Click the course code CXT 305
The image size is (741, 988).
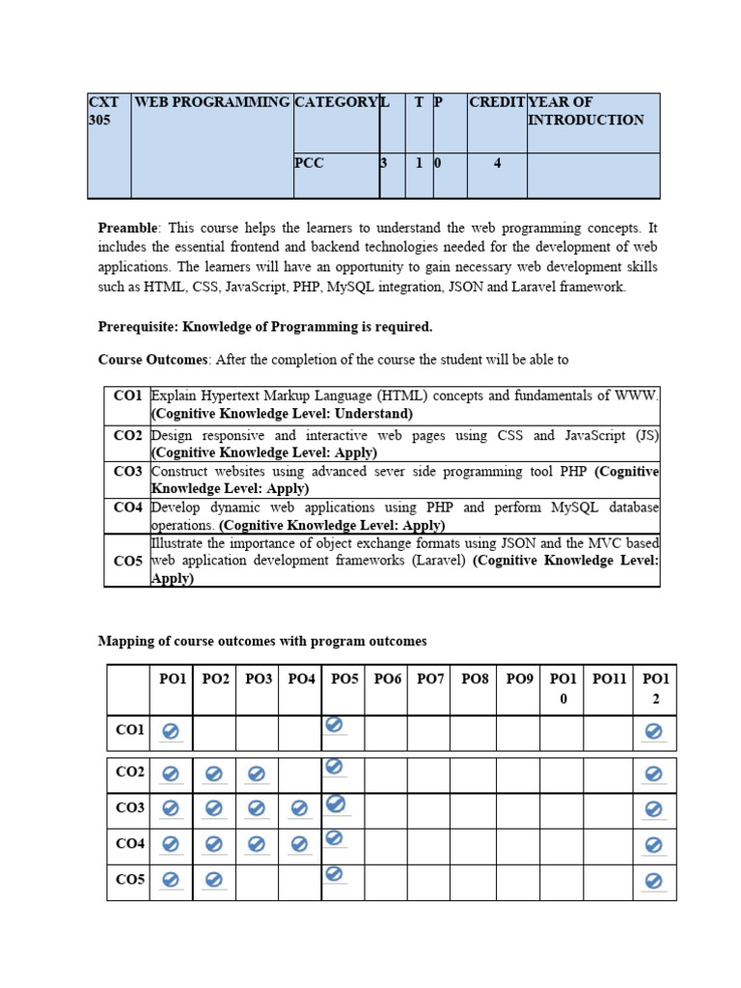tap(103, 110)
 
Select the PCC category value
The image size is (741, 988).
tap(309, 163)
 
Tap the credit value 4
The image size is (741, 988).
tap(497, 163)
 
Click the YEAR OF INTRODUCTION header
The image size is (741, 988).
tap(586, 110)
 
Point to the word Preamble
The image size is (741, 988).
tap(127, 228)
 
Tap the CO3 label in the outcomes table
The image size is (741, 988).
tap(127, 472)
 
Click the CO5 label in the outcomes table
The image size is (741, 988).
tap(127, 561)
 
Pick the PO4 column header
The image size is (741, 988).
tap(301, 679)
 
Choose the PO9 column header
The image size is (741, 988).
tap(519, 679)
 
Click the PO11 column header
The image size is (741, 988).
tap(609, 679)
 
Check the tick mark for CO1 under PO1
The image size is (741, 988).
tap(171, 732)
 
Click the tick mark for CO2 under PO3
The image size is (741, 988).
tap(257, 774)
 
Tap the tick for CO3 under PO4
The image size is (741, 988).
tap(300, 809)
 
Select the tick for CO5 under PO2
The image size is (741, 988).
tap(214, 880)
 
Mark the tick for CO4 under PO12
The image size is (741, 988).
tap(653, 845)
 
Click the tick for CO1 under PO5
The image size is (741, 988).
tap(335, 725)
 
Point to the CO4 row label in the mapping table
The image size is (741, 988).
tap(129, 843)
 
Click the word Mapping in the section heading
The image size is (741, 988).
tap(124, 641)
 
